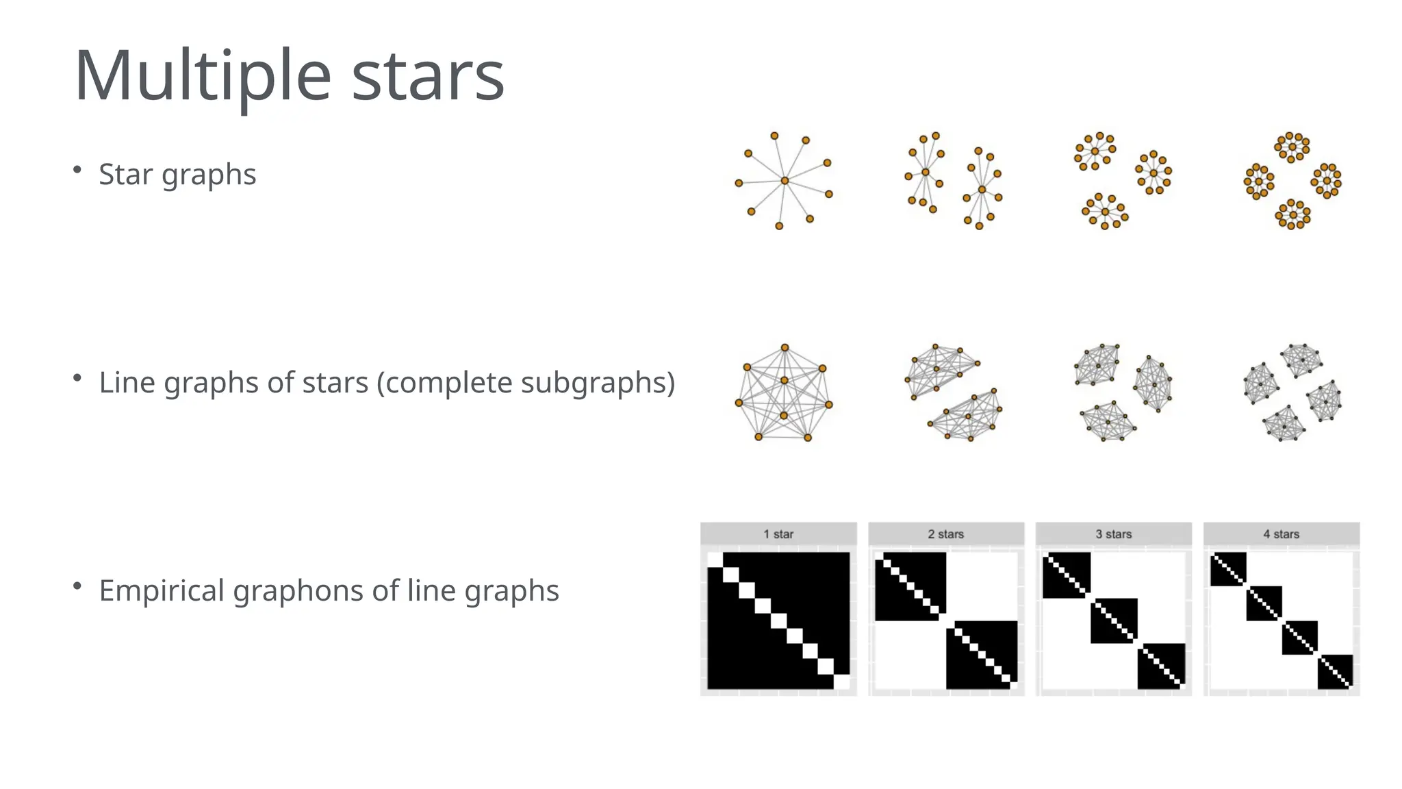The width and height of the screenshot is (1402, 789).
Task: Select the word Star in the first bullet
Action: point(125,174)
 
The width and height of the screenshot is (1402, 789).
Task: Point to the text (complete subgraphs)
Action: point(526,382)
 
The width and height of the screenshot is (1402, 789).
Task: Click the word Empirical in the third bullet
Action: point(162,590)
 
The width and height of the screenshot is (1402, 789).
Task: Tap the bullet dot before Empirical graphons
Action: point(77,586)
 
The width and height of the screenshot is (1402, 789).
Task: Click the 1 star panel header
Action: point(778,534)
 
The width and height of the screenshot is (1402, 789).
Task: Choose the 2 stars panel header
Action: point(946,534)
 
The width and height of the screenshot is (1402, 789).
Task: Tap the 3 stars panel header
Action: point(1114,534)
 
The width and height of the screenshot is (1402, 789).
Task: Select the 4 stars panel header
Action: point(1282,534)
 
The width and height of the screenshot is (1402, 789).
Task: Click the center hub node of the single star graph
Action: point(785,181)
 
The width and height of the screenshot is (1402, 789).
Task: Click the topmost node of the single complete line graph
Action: point(785,348)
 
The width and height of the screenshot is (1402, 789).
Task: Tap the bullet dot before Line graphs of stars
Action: point(77,377)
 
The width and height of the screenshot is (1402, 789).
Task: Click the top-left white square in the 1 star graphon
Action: point(715,560)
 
